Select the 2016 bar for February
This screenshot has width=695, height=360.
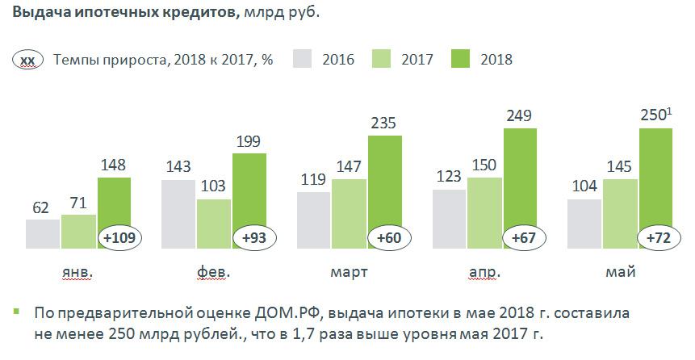click(178, 214)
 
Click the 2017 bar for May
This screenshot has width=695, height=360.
click(620, 214)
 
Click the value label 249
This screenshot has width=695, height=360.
click(520, 117)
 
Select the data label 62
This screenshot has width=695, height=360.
click(42, 207)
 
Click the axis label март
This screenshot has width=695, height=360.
click(349, 273)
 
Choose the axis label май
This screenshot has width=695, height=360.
click(620, 273)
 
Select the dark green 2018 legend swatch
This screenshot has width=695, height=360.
click(461, 59)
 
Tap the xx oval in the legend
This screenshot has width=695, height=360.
click(27, 60)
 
